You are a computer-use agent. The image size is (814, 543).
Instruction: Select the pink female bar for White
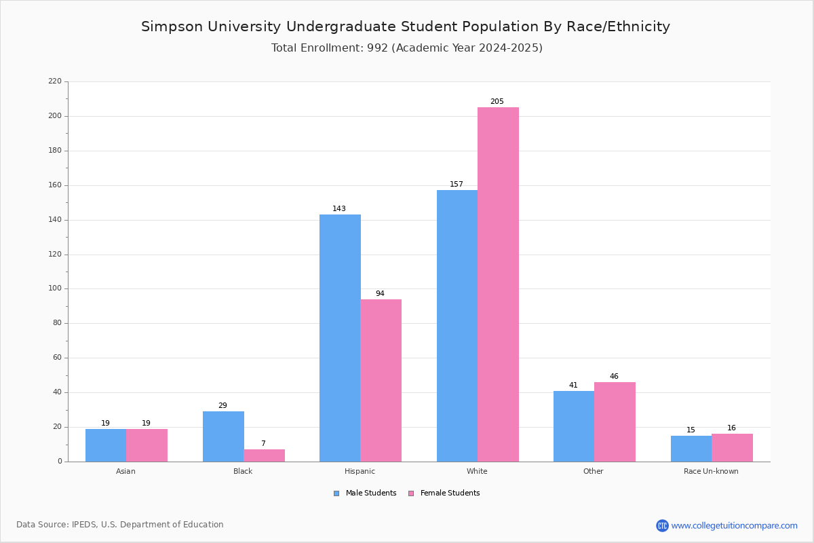tap(498, 284)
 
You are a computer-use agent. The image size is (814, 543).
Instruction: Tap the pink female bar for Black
tap(264, 455)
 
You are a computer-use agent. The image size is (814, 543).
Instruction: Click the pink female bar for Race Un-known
tap(732, 448)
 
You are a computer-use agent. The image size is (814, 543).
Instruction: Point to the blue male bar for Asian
tap(106, 445)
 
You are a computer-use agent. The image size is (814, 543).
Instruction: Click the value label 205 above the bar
tap(497, 102)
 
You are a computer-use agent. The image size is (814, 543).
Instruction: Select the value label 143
tap(339, 209)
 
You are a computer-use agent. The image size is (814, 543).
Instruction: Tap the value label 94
tap(380, 294)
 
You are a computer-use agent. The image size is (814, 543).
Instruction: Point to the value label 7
tap(263, 444)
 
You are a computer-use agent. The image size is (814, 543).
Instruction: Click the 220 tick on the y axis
tap(55, 81)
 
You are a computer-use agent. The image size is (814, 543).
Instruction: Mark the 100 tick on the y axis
tap(55, 288)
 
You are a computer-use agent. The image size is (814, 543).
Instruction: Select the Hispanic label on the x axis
tap(360, 471)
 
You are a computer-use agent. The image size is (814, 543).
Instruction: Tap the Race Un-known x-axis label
tap(711, 471)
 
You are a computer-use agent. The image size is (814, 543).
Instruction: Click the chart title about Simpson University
tap(406, 26)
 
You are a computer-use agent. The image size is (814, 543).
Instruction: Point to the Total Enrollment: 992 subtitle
tap(407, 48)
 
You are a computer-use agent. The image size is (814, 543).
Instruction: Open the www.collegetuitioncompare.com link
tap(734, 525)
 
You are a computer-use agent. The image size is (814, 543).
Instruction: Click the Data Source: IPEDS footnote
tap(120, 525)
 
